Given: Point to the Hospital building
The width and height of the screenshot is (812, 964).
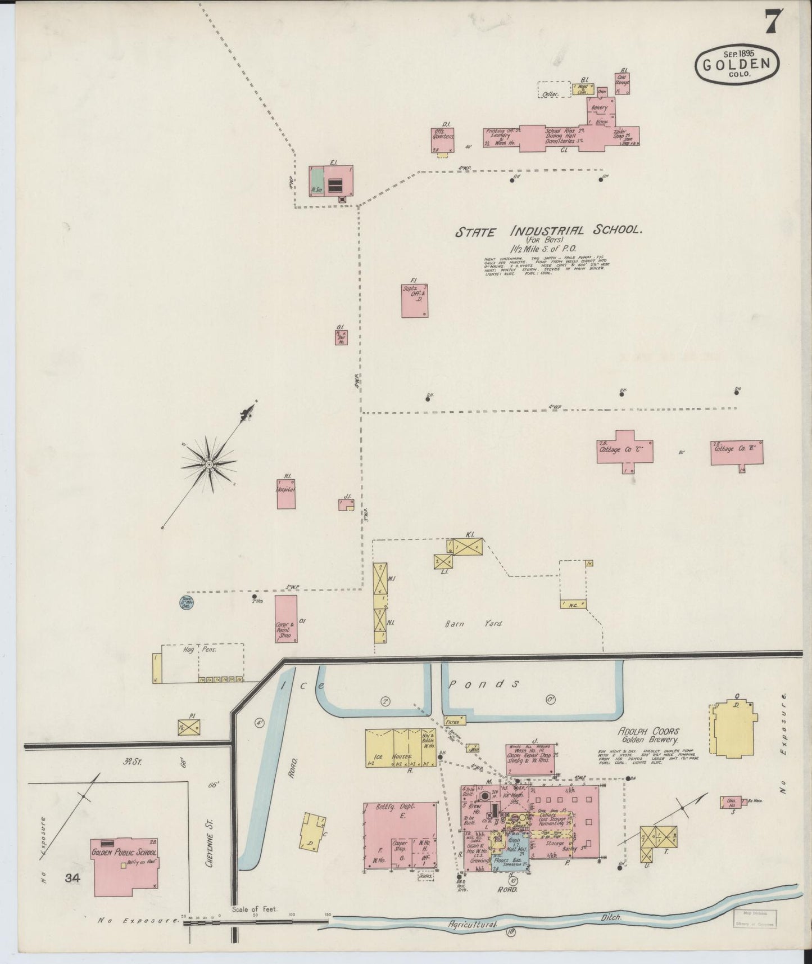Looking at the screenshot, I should [x=285, y=494].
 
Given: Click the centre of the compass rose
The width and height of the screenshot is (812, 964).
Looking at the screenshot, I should [x=208, y=464].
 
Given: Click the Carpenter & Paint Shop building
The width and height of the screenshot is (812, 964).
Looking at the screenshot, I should [x=285, y=619].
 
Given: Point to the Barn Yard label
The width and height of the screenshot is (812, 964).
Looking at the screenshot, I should [x=473, y=623].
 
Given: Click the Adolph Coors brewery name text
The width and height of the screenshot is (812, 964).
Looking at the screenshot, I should [x=648, y=732].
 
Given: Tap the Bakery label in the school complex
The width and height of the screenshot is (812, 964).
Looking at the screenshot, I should [x=600, y=107].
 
